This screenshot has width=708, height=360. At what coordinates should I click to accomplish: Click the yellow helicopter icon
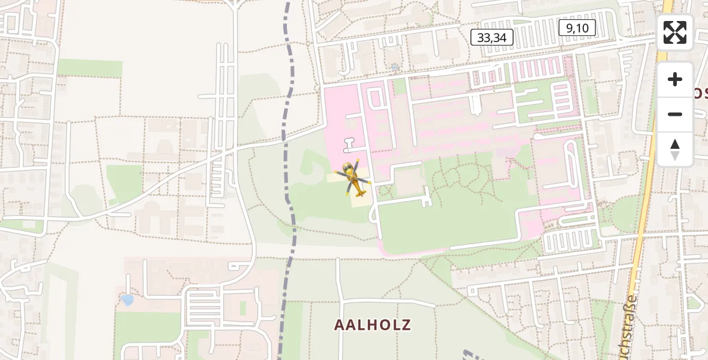(353, 178)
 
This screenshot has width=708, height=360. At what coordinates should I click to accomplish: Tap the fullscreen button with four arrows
(675, 32)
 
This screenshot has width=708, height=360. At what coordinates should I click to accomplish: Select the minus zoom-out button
(675, 114)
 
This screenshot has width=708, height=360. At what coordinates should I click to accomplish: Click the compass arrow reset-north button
(675, 149)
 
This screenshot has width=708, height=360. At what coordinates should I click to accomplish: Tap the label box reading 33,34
(492, 37)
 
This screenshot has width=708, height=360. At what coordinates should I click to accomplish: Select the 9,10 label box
(577, 27)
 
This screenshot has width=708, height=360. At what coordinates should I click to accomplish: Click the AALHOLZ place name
(373, 325)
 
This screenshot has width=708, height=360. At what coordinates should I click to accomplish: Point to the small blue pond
(127, 300)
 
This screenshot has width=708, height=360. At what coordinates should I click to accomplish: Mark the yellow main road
(648, 180)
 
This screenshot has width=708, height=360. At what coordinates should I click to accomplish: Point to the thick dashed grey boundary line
(290, 180)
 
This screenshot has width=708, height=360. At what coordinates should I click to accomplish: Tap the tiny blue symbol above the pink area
(394, 67)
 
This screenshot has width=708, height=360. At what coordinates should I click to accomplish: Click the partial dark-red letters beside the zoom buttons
(701, 93)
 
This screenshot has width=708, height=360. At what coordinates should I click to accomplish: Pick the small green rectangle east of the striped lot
(243, 308)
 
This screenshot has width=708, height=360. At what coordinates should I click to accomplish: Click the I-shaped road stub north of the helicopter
(350, 144)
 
